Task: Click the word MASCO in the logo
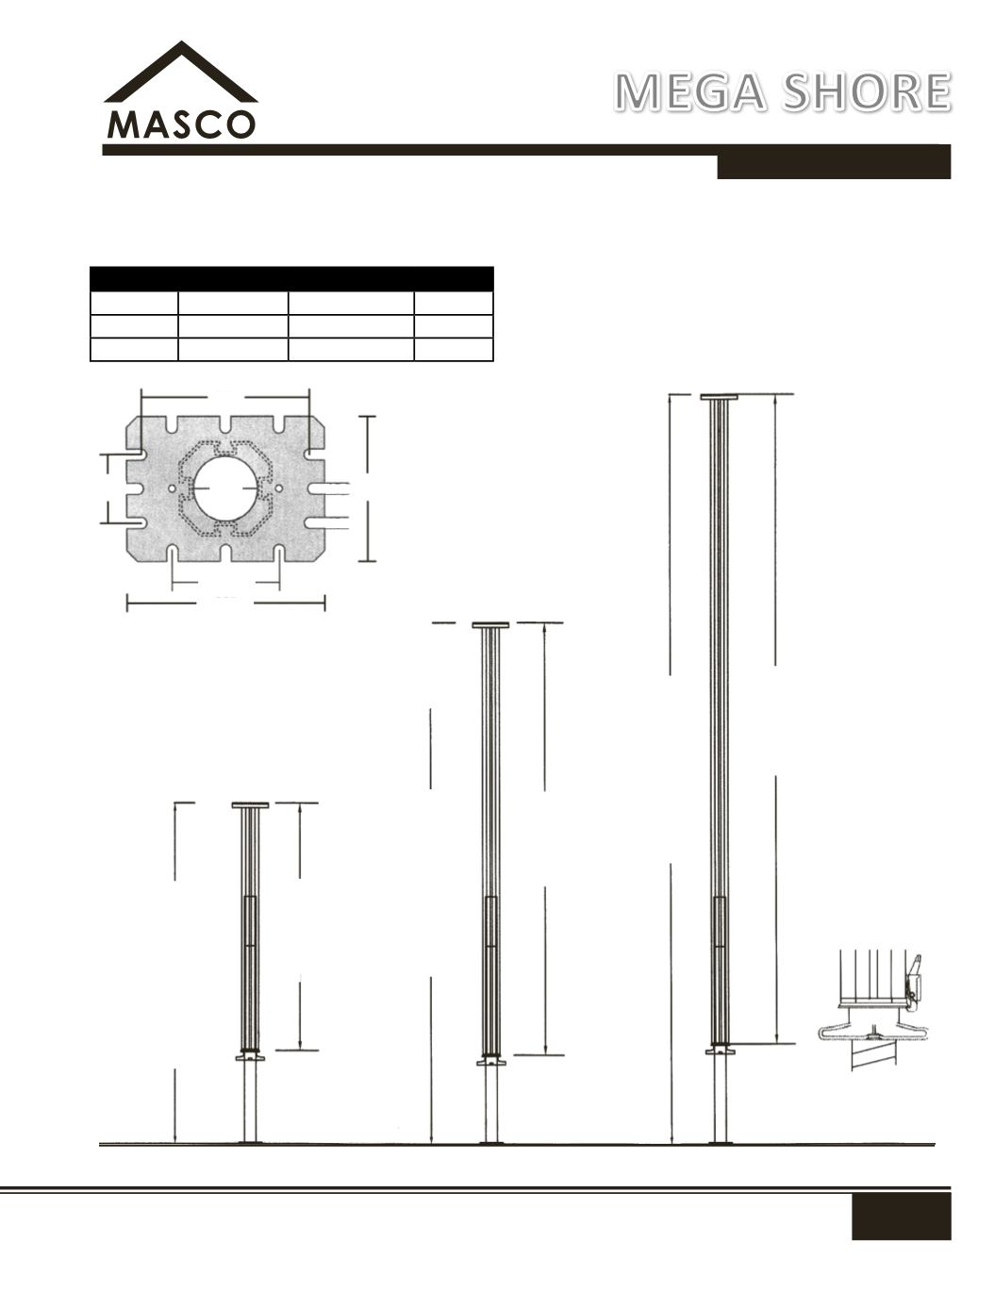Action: tap(181, 124)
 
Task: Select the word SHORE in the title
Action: tap(867, 92)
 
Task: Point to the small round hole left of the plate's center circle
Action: tap(173, 488)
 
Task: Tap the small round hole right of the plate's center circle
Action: tap(278, 488)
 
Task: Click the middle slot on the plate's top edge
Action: tap(225, 424)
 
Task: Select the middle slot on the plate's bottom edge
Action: tap(225, 553)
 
